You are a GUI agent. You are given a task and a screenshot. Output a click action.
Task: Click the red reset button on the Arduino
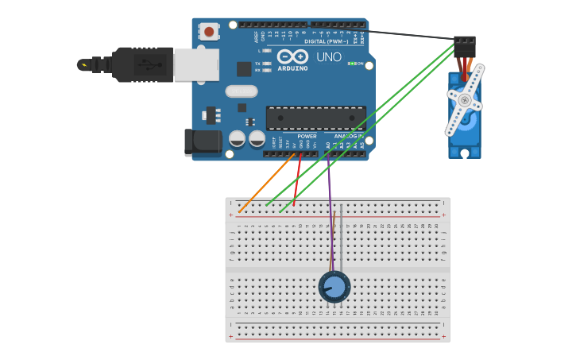click(x=209, y=32)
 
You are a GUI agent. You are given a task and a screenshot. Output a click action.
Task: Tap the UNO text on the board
click(x=328, y=57)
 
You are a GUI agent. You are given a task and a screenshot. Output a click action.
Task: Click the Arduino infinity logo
click(x=292, y=57)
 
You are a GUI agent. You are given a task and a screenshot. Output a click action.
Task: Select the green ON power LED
click(x=350, y=64)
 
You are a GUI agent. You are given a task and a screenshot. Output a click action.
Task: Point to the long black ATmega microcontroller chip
click(x=315, y=118)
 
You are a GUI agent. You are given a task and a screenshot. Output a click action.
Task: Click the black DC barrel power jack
click(x=203, y=141)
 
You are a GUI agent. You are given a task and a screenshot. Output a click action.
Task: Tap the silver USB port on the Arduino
click(x=195, y=64)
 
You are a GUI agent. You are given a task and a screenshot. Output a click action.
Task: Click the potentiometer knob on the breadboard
click(x=334, y=287)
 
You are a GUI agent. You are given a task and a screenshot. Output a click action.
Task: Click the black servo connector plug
click(x=465, y=46)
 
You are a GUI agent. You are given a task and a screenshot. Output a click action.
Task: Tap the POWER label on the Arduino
click(x=307, y=136)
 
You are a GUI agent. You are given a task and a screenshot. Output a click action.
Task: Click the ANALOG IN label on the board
click(x=349, y=136)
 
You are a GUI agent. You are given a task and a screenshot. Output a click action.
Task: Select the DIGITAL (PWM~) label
click(x=334, y=41)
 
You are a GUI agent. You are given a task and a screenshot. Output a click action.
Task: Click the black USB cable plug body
click(x=142, y=64)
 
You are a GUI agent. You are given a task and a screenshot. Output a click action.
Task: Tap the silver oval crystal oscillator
click(x=241, y=91)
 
